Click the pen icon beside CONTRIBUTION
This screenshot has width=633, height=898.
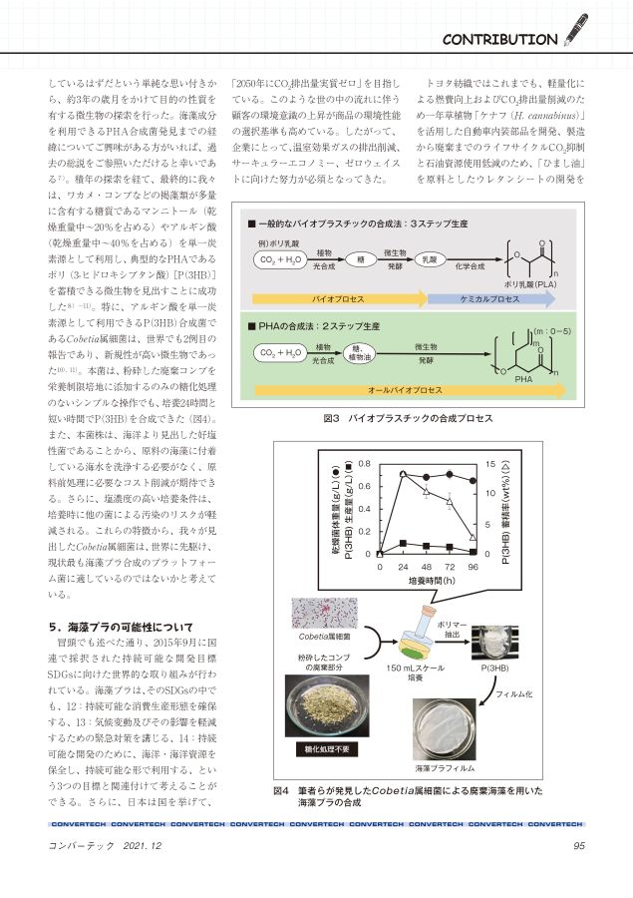(x=576, y=30)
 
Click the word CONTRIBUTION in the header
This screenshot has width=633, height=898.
(x=499, y=40)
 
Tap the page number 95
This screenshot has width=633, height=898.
(x=578, y=845)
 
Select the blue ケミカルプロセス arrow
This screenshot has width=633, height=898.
(x=491, y=299)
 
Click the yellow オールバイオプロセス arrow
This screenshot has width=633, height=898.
(x=410, y=390)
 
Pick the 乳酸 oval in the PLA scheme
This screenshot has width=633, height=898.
(x=430, y=259)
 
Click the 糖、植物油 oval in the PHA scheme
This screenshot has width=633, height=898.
(x=360, y=353)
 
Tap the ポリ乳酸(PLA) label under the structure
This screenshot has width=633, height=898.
(x=530, y=284)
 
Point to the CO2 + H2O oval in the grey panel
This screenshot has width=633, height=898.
(x=280, y=259)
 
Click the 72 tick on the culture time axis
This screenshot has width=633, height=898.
(x=450, y=567)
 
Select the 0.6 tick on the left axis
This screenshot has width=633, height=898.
(x=365, y=486)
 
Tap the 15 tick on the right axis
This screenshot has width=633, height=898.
(x=490, y=464)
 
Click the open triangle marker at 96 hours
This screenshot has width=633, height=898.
(x=473, y=537)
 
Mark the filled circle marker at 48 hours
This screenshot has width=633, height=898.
(x=426, y=477)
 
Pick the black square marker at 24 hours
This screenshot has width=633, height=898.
(x=403, y=543)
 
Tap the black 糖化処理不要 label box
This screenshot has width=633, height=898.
(x=327, y=749)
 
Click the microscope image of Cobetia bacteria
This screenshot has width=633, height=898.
(x=325, y=613)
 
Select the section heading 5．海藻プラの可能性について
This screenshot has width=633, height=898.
(x=121, y=627)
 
